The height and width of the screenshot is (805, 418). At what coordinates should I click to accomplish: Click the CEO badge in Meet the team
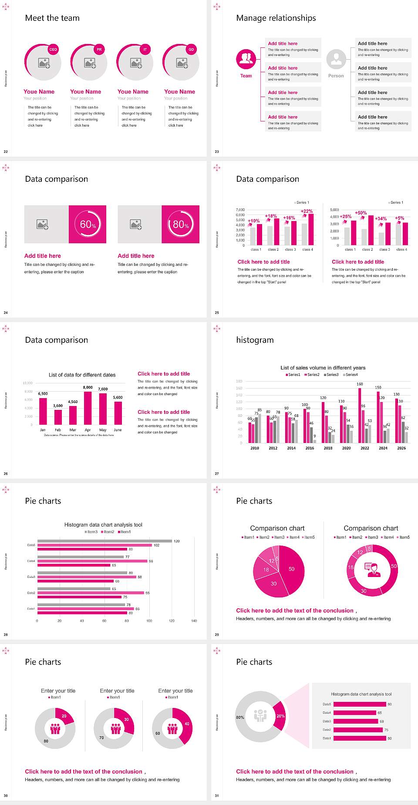53,50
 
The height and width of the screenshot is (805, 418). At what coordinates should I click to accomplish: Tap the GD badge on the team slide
191,50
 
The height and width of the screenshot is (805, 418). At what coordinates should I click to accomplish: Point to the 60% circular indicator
88,224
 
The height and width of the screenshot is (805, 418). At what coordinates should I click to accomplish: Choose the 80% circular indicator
181,224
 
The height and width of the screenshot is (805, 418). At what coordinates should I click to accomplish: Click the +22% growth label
307,211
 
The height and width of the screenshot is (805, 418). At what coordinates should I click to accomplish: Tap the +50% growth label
361,213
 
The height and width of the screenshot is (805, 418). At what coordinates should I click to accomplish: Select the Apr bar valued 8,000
88,408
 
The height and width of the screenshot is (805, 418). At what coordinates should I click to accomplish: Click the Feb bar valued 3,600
58,417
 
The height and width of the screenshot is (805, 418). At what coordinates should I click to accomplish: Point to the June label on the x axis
118,430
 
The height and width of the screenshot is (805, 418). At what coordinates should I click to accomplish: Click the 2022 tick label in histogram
365,448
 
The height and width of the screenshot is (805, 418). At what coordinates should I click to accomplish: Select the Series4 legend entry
351,375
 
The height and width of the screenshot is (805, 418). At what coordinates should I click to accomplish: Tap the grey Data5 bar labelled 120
104,541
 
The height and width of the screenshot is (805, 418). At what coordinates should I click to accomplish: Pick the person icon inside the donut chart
372,569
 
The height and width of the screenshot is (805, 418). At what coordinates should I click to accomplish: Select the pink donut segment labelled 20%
280,716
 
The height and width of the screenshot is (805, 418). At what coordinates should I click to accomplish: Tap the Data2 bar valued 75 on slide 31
358,730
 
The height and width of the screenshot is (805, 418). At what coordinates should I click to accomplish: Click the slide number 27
217,473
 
